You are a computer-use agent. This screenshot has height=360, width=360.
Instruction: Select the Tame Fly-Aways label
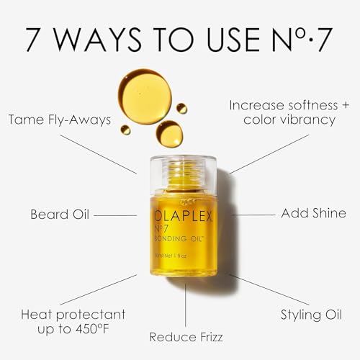(x=60, y=120)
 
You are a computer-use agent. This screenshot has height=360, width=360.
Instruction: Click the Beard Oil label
(x=61, y=215)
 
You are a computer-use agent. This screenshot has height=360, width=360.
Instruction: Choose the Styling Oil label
(x=312, y=314)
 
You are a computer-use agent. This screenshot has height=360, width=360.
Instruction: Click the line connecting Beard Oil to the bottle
(x=115, y=215)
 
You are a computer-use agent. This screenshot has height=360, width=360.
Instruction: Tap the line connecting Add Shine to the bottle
(x=251, y=215)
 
